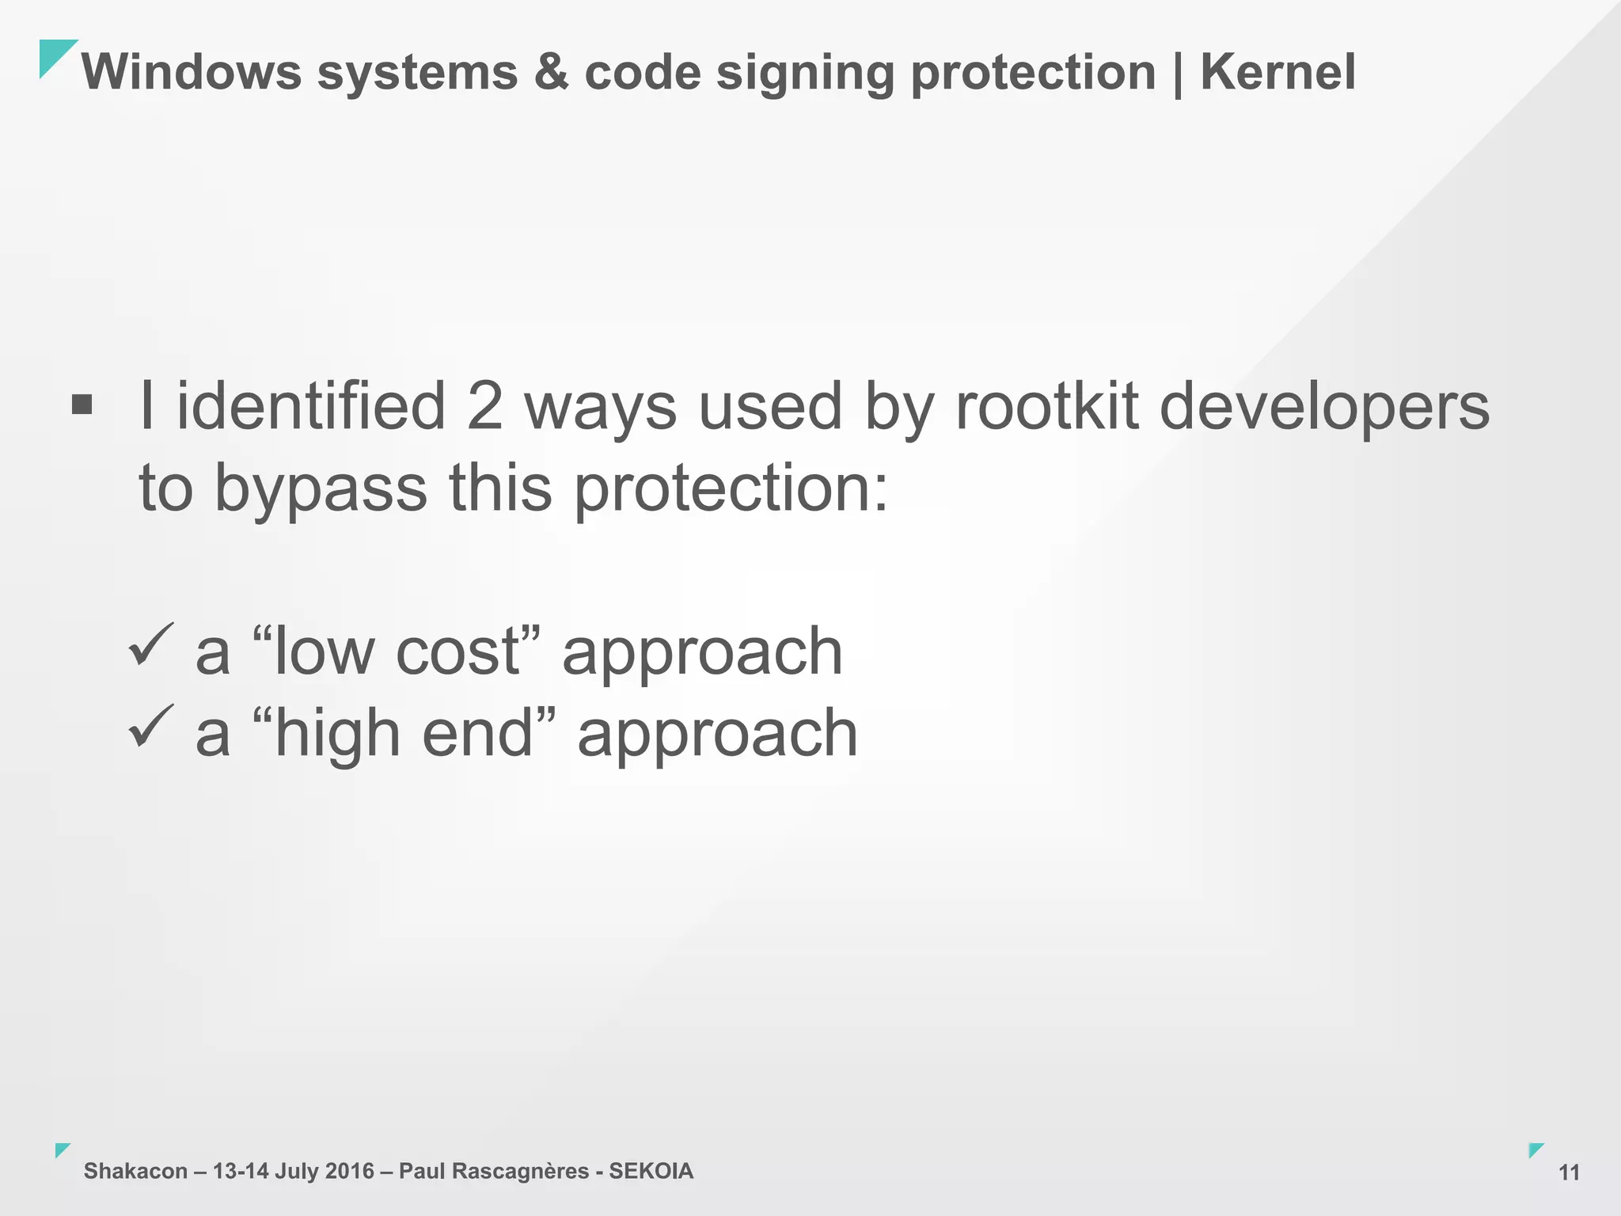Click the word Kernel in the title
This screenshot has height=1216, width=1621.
point(1277,72)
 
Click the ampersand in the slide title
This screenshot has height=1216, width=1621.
point(551,72)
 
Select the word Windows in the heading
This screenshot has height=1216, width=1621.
point(192,72)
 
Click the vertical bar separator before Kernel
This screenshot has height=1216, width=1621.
point(1178,74)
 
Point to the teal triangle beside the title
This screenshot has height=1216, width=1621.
point(54,55)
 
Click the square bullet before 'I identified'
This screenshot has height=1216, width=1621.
point(82,406)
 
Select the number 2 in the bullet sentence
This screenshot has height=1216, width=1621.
point(484,406)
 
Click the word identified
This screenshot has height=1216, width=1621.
point(311,406)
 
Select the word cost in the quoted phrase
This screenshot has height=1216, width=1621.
point(457,652)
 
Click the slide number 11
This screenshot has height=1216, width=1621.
point(1569,1172)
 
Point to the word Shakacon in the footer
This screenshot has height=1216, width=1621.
point(135,1171)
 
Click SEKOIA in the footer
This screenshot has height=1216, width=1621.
point(651,1171)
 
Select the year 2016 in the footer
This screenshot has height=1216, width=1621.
point(349,1171)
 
